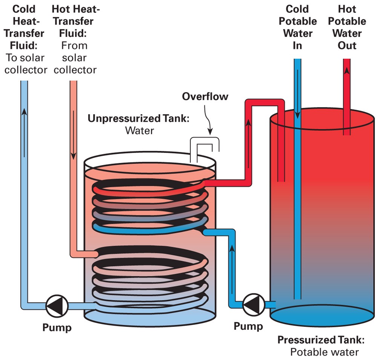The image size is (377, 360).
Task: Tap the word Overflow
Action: click(x=205, y=96)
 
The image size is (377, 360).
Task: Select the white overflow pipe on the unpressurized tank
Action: click(x=204, y=145)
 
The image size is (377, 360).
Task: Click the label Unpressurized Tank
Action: click(x=138, y=118)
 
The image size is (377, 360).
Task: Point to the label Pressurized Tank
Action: click(x=321, y=340)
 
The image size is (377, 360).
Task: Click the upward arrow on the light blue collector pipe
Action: click(x=24, y=113)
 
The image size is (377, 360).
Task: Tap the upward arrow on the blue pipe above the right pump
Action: click(x=231, y=249)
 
